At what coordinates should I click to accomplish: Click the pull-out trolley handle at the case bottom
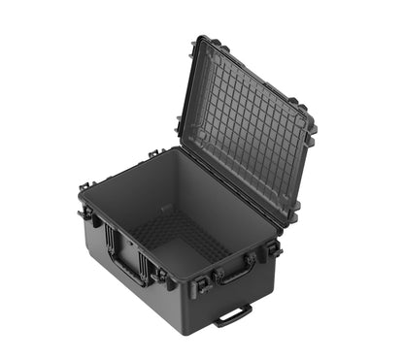tap(233, 315)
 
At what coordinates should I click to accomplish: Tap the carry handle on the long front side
tap(236, 275)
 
